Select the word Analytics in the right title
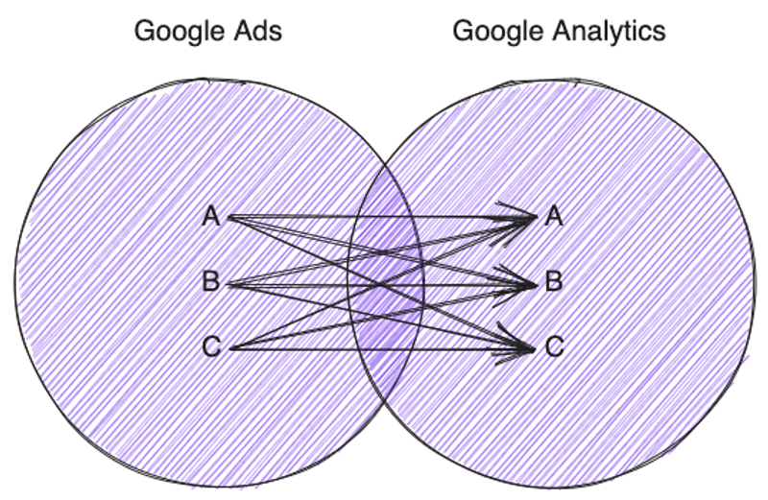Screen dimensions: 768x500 pos(609,31)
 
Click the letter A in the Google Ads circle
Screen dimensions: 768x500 pos(212,218)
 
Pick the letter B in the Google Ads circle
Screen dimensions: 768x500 pos(212,283)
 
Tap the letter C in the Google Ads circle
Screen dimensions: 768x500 pos(212,347)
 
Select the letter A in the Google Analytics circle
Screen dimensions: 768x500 pos(554,218)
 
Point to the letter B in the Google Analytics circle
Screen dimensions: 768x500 pos(554,283)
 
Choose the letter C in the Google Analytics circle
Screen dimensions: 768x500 pos(554,347)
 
